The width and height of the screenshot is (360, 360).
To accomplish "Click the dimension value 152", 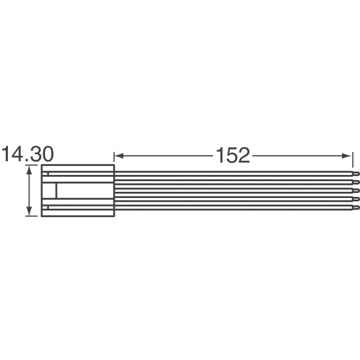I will pyautogui.click(x=232, y=155).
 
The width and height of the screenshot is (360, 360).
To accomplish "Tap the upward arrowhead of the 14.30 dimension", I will pyautogui.click(x=28, y=168).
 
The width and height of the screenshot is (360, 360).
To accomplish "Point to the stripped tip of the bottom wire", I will pyautogui.click(x=354, y=208).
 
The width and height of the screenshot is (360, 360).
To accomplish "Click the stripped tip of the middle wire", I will pyautogui.click(x=354, y=191).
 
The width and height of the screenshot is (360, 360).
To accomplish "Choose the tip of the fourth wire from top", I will pyautogui.click(x=354, y=199).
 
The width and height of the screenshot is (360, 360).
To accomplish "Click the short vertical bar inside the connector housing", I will pyautogui.click(x=56, y=191).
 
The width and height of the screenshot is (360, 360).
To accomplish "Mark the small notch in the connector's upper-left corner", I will pyautogui.click(x=49, y=174).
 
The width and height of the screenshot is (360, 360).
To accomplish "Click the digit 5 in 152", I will pyautogui.click(x=232, y=155).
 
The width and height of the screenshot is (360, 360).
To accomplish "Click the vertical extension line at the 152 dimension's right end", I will pyautogui.click(x=352, y=160).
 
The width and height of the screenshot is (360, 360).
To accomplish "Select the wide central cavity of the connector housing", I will pyautogui.click(x=84, y=191).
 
